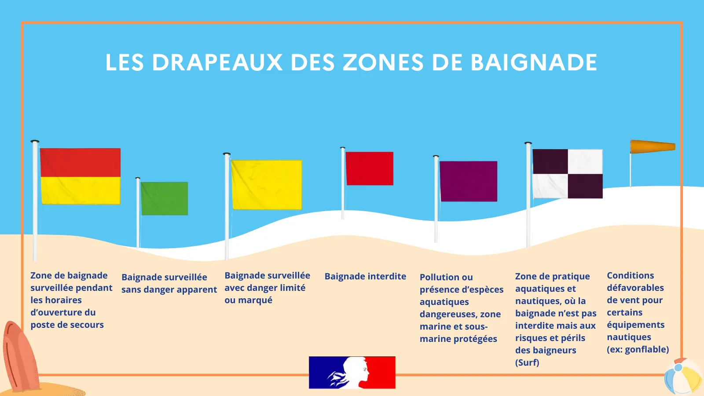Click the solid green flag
click(x=165, y=198)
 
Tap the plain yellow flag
click(x=267, y=185)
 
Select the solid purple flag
click(x=468, y=181)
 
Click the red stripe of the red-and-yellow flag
click(x=81, y=162)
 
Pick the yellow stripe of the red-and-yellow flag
click(x=81, y=191)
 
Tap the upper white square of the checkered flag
click(x=585, y=161)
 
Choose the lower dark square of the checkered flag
click(x=585, y=186)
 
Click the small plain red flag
click(x=370, y=169)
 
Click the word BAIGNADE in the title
click(x=534, y=62)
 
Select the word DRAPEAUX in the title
click(x=217, y=62)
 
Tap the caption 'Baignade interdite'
click(x=365, y=276)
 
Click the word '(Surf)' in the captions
click(x=527, y=363)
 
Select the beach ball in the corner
click(x=684, y=377)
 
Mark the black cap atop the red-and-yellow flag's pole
click(x=35, y=142)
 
